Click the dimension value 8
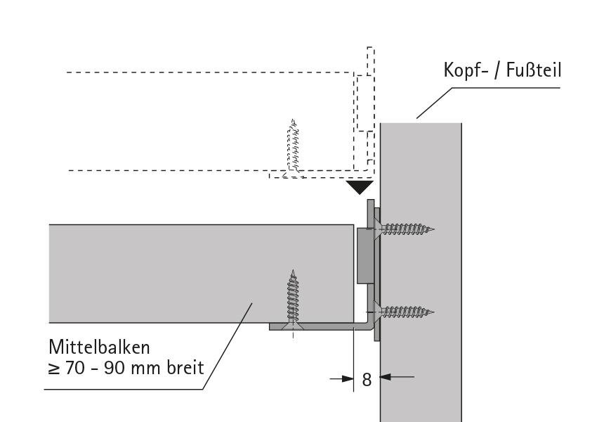[x=367, y=379]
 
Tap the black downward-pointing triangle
[x=360, y=187]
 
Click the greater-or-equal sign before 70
[x=54, y=368]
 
